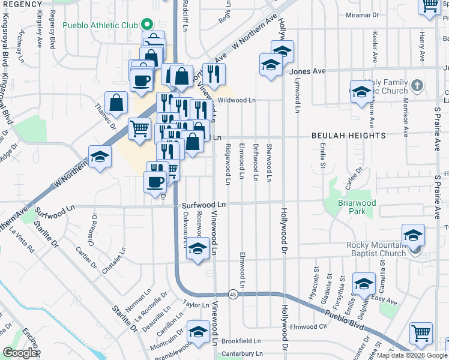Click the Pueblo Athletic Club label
100,26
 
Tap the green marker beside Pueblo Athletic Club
145,26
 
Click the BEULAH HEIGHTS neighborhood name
349,136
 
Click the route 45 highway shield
232,294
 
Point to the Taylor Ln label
196,305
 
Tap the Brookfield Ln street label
241,341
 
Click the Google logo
20,353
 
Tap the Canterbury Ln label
241,354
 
